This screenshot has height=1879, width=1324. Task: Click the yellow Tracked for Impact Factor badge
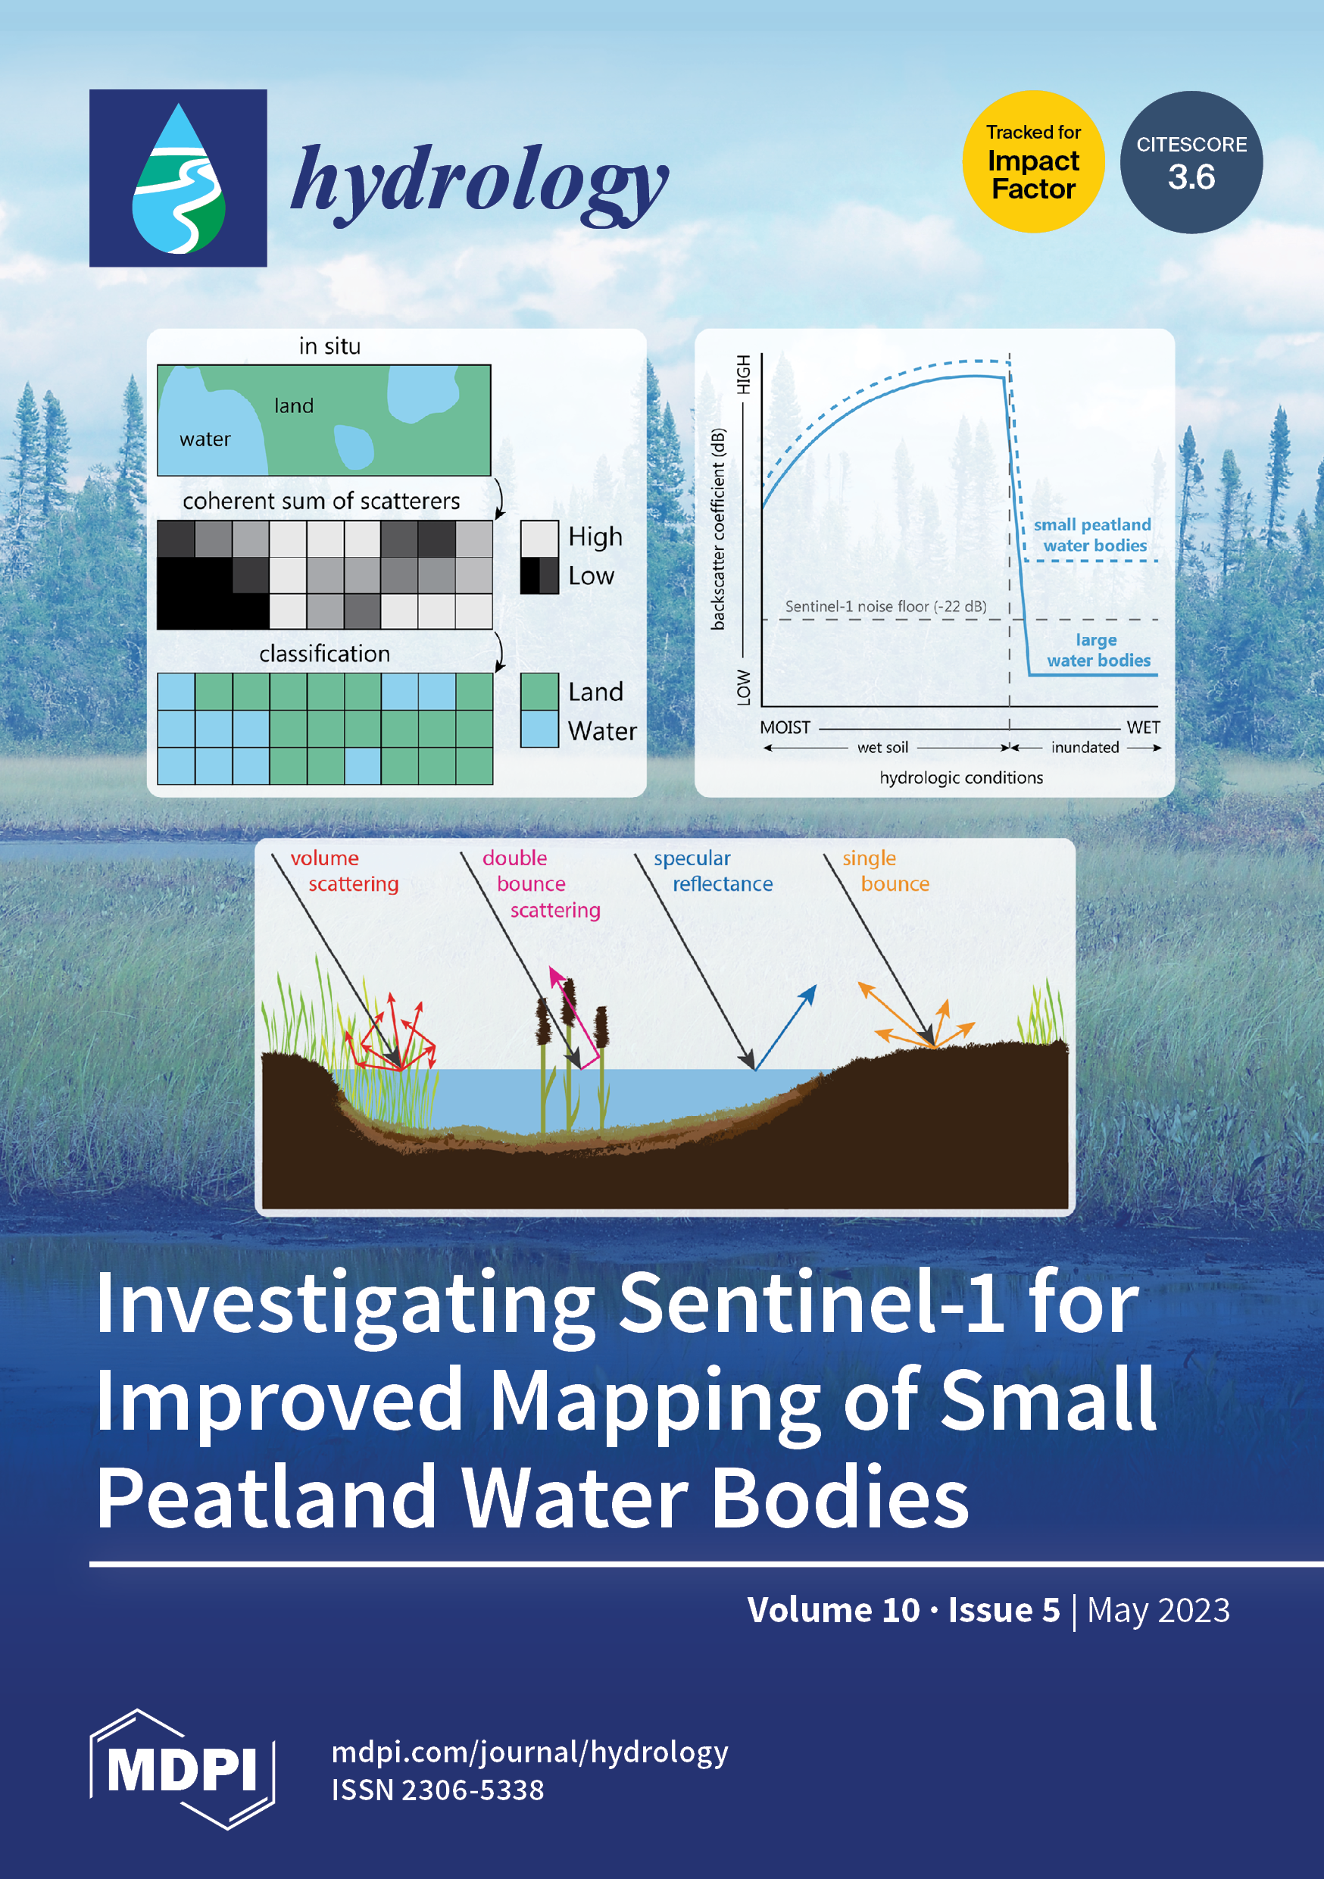[1033, 162]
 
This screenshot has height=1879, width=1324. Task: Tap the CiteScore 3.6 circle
[1191, 162]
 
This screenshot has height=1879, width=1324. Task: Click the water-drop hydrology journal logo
[179, 178]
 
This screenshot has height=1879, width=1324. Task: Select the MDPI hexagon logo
[182, 1770]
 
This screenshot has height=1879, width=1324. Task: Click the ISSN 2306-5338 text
[438, 1790]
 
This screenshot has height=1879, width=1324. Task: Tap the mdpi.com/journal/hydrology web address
[529, 1752]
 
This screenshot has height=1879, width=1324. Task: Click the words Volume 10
[834, 1610]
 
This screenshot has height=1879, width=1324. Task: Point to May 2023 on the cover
[1159, 1611]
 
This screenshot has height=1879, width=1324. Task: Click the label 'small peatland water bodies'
[1092, 534]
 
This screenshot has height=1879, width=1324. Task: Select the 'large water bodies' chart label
[1098, 650]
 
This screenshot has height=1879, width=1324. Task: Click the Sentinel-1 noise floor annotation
[886, 606]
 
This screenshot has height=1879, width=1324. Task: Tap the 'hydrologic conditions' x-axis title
[961, 777]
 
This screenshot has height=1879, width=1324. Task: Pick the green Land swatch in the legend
[539, 692]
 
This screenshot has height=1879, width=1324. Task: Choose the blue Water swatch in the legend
[539, 729]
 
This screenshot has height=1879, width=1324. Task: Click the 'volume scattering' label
[345, 871]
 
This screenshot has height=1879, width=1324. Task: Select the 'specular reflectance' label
[713, 871]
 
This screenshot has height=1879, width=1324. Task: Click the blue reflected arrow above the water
[785, 1027]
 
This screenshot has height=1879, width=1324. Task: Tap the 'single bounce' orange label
[886, 871]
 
